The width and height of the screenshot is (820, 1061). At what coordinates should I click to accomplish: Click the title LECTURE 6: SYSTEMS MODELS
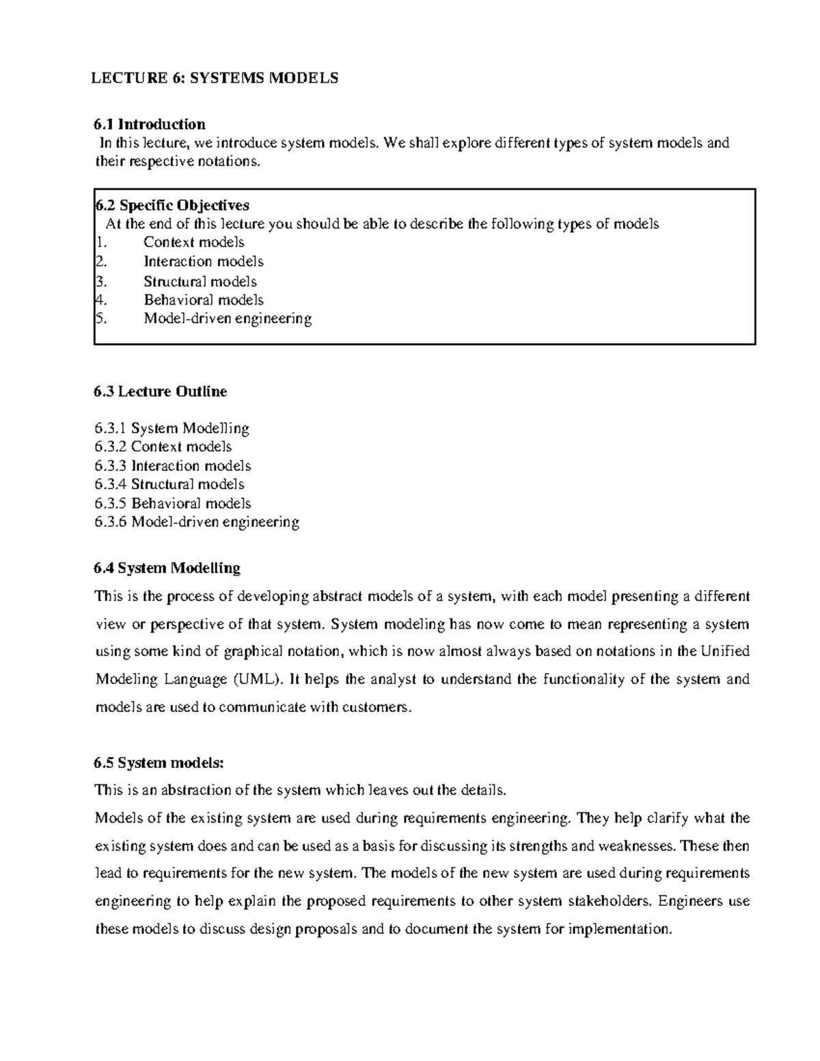pyautogui.click(x=215, y=78)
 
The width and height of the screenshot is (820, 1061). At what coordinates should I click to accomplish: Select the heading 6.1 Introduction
pyautogui.click(x=150, y=124)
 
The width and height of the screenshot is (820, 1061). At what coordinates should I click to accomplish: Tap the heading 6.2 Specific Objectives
pyautogui.click(x=172, y=205)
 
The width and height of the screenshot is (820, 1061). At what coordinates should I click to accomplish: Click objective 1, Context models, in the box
pyautogui.click(x=193, y=243)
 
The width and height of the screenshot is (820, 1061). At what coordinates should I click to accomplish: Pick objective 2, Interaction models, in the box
pyautogui.click(x=203, y=262)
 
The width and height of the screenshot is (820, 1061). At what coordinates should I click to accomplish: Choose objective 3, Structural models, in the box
pyautogui.click(x=200, y=281)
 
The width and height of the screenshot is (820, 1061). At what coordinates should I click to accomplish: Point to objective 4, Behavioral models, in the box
pyautogui.click(x=203, y=300)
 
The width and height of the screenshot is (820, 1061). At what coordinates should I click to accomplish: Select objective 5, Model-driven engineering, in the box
pyautogui.click(x=228, y=318)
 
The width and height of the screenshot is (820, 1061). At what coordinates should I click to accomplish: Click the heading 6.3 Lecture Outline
pyautogui.click(x=161, y=391)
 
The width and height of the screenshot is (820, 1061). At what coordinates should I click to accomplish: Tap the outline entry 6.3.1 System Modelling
pyautogui.click(x=172, y=428)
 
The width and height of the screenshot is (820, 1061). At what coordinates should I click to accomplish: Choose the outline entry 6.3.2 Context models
pyautogui.click(x=163, y=447)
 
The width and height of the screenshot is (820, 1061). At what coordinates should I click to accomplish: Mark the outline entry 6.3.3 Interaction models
pyautogui.click(x=173, y=466)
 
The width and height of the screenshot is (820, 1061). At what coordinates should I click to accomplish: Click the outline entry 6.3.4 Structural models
pyautogui.click(x=169, y=484)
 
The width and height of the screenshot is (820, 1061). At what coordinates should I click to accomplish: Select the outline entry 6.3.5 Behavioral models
pyautogui.click(x=173, y=504)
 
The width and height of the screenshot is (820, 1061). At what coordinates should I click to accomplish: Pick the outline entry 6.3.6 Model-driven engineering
pyautogui.click(x=197, y=523)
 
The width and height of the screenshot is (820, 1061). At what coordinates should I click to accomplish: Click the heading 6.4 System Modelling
pyautogui.click(x=167, y=568)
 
